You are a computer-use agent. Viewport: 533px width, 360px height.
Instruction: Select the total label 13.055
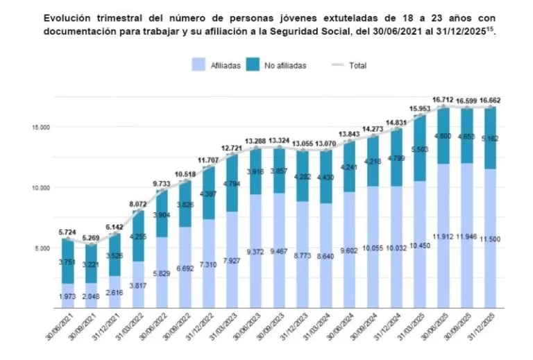pos(302,143)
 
